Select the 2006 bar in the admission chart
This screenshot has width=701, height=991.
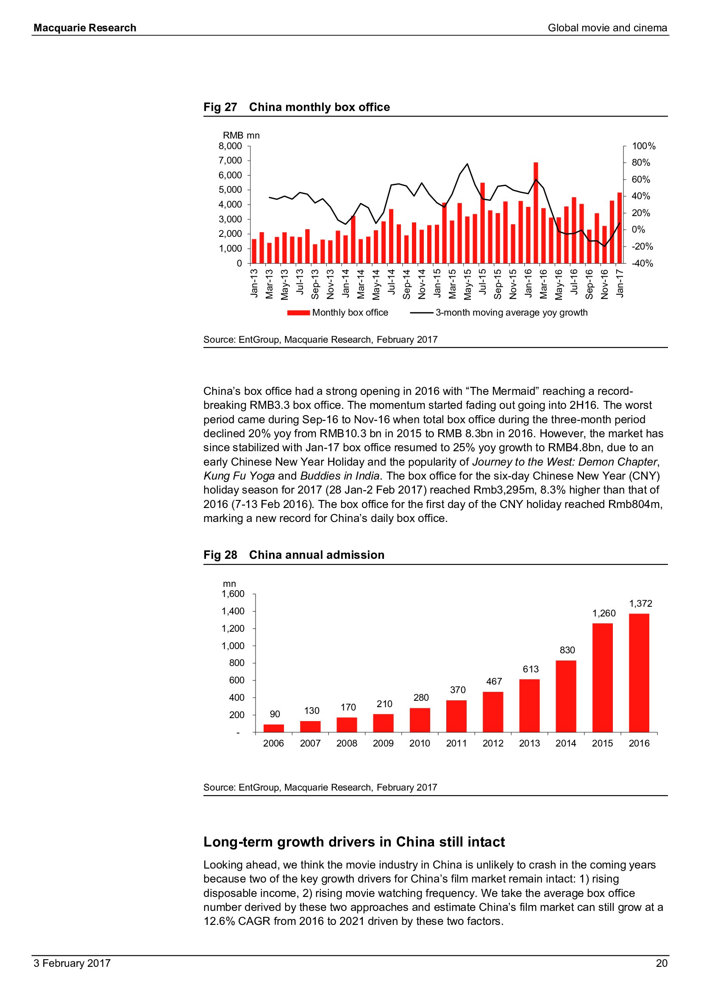coord(274,728)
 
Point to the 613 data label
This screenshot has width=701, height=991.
coord(531,669)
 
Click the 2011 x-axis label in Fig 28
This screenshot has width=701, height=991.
coord(456,743)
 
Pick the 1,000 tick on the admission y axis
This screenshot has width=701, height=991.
coord(233,646)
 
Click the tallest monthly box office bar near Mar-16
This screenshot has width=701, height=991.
coord(536,212)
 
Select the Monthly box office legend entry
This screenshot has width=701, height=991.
coord(338,313)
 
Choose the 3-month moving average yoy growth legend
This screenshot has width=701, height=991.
coord(499,313)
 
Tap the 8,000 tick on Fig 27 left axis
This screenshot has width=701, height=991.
coord(230,146)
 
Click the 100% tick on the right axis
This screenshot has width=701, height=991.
coord(644,146)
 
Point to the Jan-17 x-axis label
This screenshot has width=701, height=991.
coord(620,283)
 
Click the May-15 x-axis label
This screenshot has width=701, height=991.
coord(467,284)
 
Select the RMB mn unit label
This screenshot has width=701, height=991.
coord(241,136)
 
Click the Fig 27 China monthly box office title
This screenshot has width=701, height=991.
coord(297,107)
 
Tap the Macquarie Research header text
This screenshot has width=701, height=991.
coord(85,28)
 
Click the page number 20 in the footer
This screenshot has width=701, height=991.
coord(661,963)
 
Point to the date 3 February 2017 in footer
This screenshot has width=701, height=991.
coord(72,963)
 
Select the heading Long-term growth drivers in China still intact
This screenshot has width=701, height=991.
coord(354,842)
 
